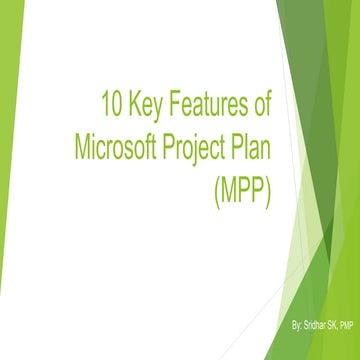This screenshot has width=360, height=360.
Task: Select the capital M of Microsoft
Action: pos(84,147)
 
